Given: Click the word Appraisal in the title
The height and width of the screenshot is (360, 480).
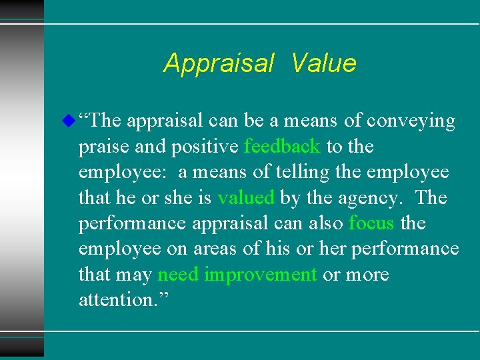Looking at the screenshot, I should tap(219, 63).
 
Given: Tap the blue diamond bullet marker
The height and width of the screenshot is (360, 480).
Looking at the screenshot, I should tap(67, 121).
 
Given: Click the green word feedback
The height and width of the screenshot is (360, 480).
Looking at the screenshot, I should tap(283, 147).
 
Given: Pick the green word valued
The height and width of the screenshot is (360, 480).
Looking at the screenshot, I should tap(246, 198).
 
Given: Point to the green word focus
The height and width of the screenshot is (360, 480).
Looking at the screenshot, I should tap(371, 223).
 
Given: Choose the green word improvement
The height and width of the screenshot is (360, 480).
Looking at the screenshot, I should tap(261, 275).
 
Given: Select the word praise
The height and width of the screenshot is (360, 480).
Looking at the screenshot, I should tap(101, 147).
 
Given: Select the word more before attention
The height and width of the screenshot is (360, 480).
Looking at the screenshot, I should tap(368, 275).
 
